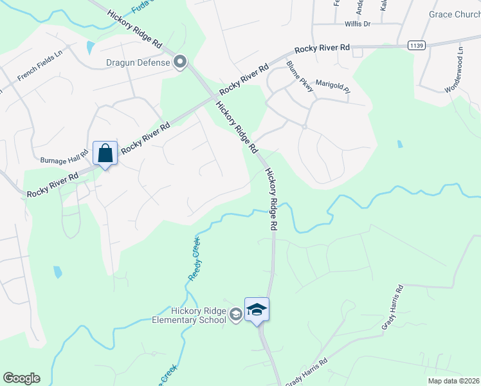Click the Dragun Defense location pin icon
point(181,62)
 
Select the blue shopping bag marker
point(105,154)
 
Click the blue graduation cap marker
point(257,309)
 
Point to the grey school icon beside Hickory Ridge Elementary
point(235,314)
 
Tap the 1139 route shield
point(416,45)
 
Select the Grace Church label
point(454,14)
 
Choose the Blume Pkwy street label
point(300,77)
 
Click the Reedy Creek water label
point(195,258)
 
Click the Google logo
point(21,378)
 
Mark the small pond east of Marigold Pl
point(400,143)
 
